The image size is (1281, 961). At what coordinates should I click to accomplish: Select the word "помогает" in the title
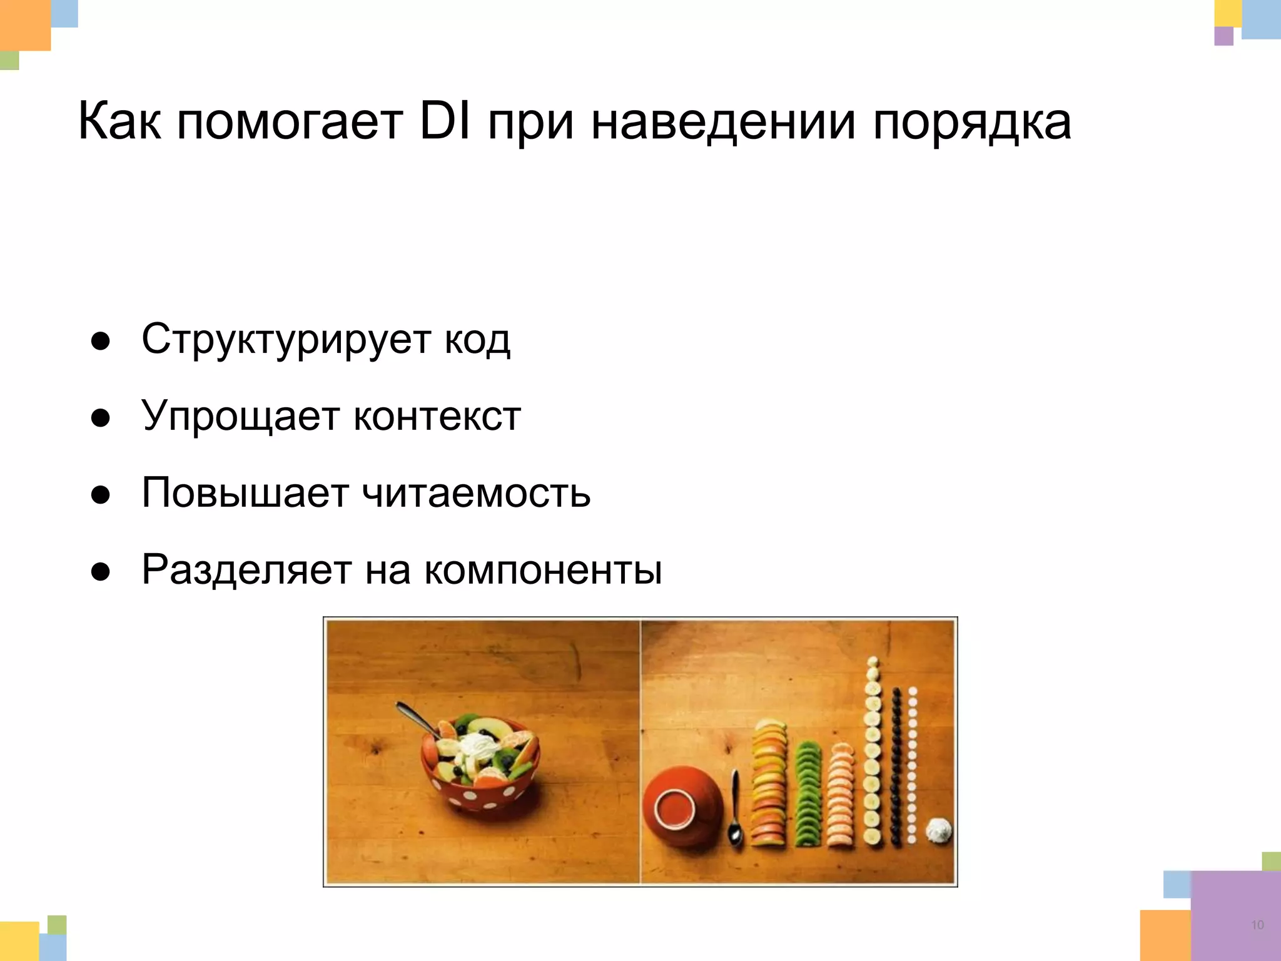(x=290, y=122)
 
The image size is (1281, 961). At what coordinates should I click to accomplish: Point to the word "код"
(x=477, y=340)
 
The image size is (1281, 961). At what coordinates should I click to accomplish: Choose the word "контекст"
(x=437, y=416)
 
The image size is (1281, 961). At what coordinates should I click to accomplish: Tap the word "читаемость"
(x=477, y=493)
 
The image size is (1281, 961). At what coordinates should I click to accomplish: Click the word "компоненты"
(x=543, y=570)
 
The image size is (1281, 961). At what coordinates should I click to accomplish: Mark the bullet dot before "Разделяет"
(x=101, y=572)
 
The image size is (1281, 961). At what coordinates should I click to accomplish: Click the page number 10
(x=1257, y=925)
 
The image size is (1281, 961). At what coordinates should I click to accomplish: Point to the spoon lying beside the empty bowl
(x=736, y=813)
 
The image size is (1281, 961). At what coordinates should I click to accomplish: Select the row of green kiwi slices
(x=808, y=795)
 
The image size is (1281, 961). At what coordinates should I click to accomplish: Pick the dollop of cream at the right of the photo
(x=938, y=831)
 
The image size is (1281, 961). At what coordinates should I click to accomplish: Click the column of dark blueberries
(x=897, y=766)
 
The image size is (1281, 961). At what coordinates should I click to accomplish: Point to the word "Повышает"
(x=245, y=493)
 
